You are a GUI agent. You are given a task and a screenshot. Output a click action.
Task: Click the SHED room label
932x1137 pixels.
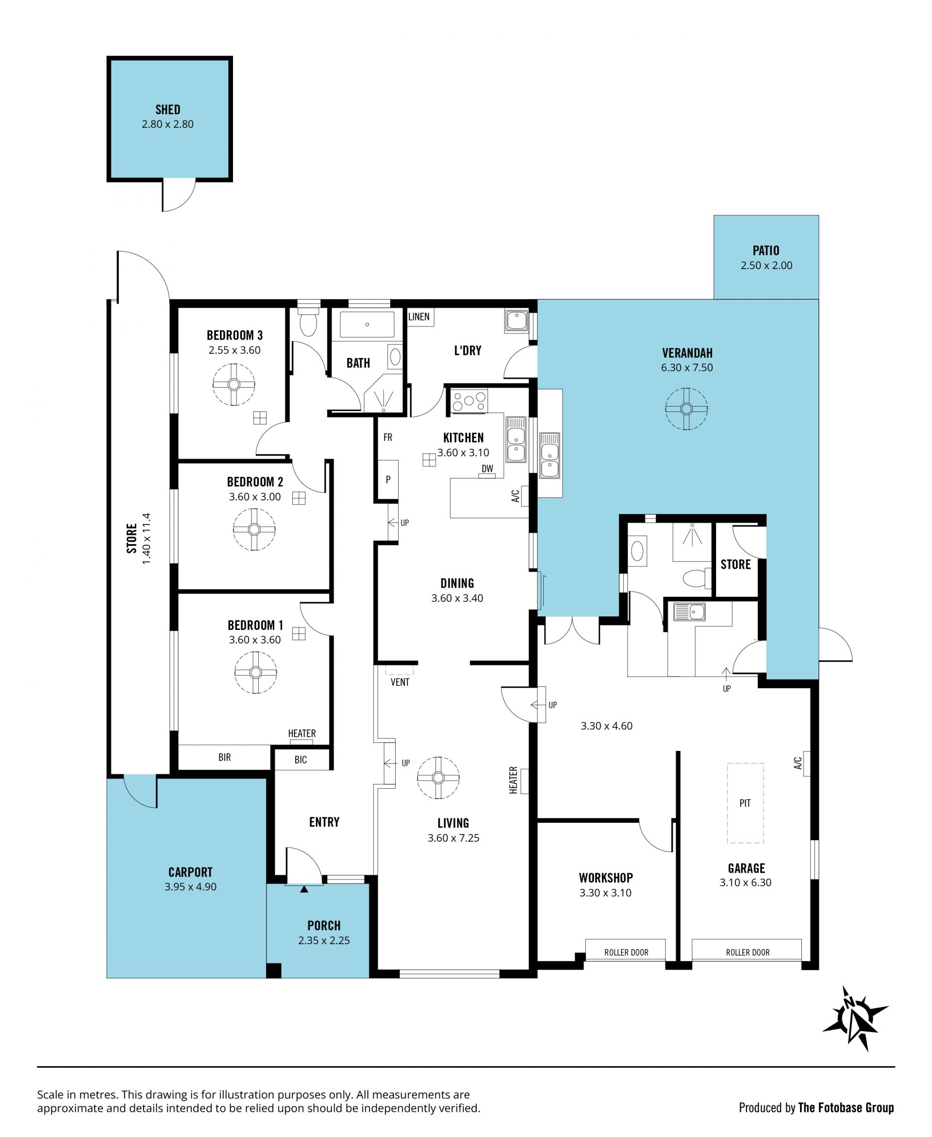click(167, 110)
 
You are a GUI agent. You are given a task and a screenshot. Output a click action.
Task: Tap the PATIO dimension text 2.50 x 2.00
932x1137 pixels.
click(766, 265)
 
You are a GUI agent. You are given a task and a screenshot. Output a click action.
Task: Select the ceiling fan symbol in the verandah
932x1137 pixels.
click(686, 409)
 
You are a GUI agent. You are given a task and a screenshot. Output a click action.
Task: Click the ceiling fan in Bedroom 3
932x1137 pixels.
click(233, 385)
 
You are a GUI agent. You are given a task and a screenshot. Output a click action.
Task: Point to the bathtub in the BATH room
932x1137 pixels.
click(367, 324)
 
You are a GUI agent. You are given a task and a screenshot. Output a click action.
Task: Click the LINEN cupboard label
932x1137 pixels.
click(419, 316)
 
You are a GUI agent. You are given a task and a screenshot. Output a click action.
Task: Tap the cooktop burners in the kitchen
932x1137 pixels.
click(469, 401)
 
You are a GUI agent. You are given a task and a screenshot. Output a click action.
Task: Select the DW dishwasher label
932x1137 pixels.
click(487, 468)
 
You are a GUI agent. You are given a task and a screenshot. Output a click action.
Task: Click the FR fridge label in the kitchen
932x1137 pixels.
click(388, 438)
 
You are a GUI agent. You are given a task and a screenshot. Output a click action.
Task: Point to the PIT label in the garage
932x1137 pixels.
click(745, 803)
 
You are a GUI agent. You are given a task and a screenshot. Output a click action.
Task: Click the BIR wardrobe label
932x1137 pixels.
click(224, 757)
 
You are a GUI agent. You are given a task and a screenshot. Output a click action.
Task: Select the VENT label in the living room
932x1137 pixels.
click(400, 682)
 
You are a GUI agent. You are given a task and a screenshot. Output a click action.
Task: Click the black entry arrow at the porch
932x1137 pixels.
click(304, 889)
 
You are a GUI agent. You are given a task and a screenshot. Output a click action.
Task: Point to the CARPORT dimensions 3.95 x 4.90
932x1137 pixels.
click(191, 887)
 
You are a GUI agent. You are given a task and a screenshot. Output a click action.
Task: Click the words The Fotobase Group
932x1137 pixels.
click(846, 1107)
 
